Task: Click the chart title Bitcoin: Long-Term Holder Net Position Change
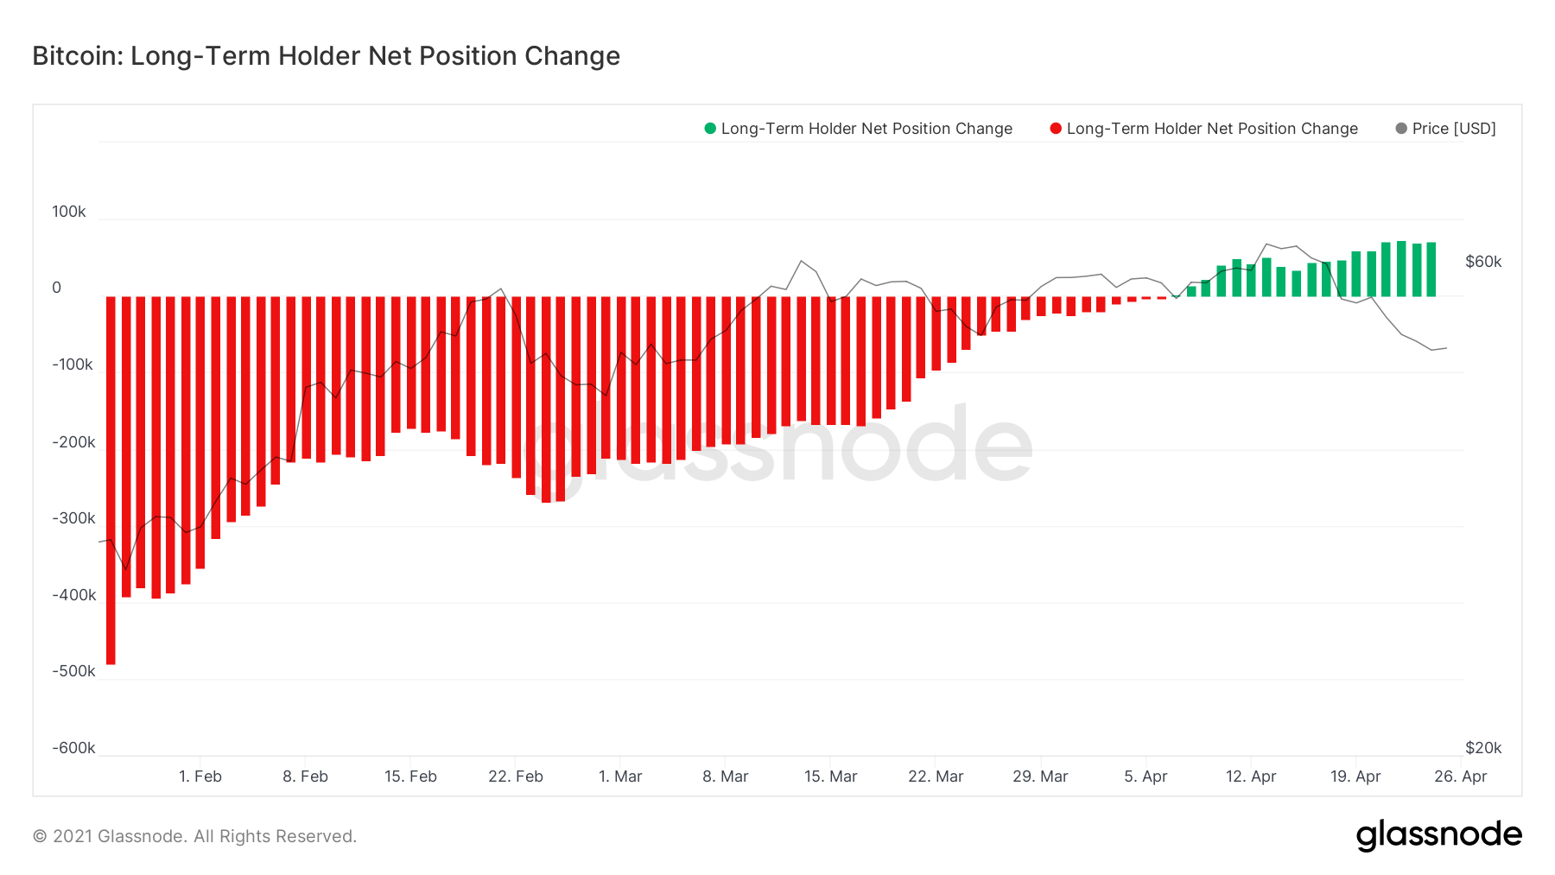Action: coord(326,56)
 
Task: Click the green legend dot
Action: coord(710,129)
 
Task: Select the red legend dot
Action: coord(1055,129)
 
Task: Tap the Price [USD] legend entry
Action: coord(1453,129)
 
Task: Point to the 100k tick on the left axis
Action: coord(68,212)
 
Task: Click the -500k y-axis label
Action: coord(73,671)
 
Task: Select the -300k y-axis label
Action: coord(73,518)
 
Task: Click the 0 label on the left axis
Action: coord(57,288)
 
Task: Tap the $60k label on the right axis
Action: coord(1483,262)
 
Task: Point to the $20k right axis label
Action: coord(1483,748)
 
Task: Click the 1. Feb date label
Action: coord(200,777)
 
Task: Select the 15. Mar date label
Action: coord(830,777)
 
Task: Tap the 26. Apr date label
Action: coord(1460,777)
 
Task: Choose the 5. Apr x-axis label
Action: coord(1146,777)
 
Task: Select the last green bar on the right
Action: coord(1431,269)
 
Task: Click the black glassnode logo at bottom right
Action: coord(1438,835)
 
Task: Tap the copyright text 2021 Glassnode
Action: coord(194,836)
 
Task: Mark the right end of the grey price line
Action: coord(1446,348)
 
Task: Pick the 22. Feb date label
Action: coord(516,777)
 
